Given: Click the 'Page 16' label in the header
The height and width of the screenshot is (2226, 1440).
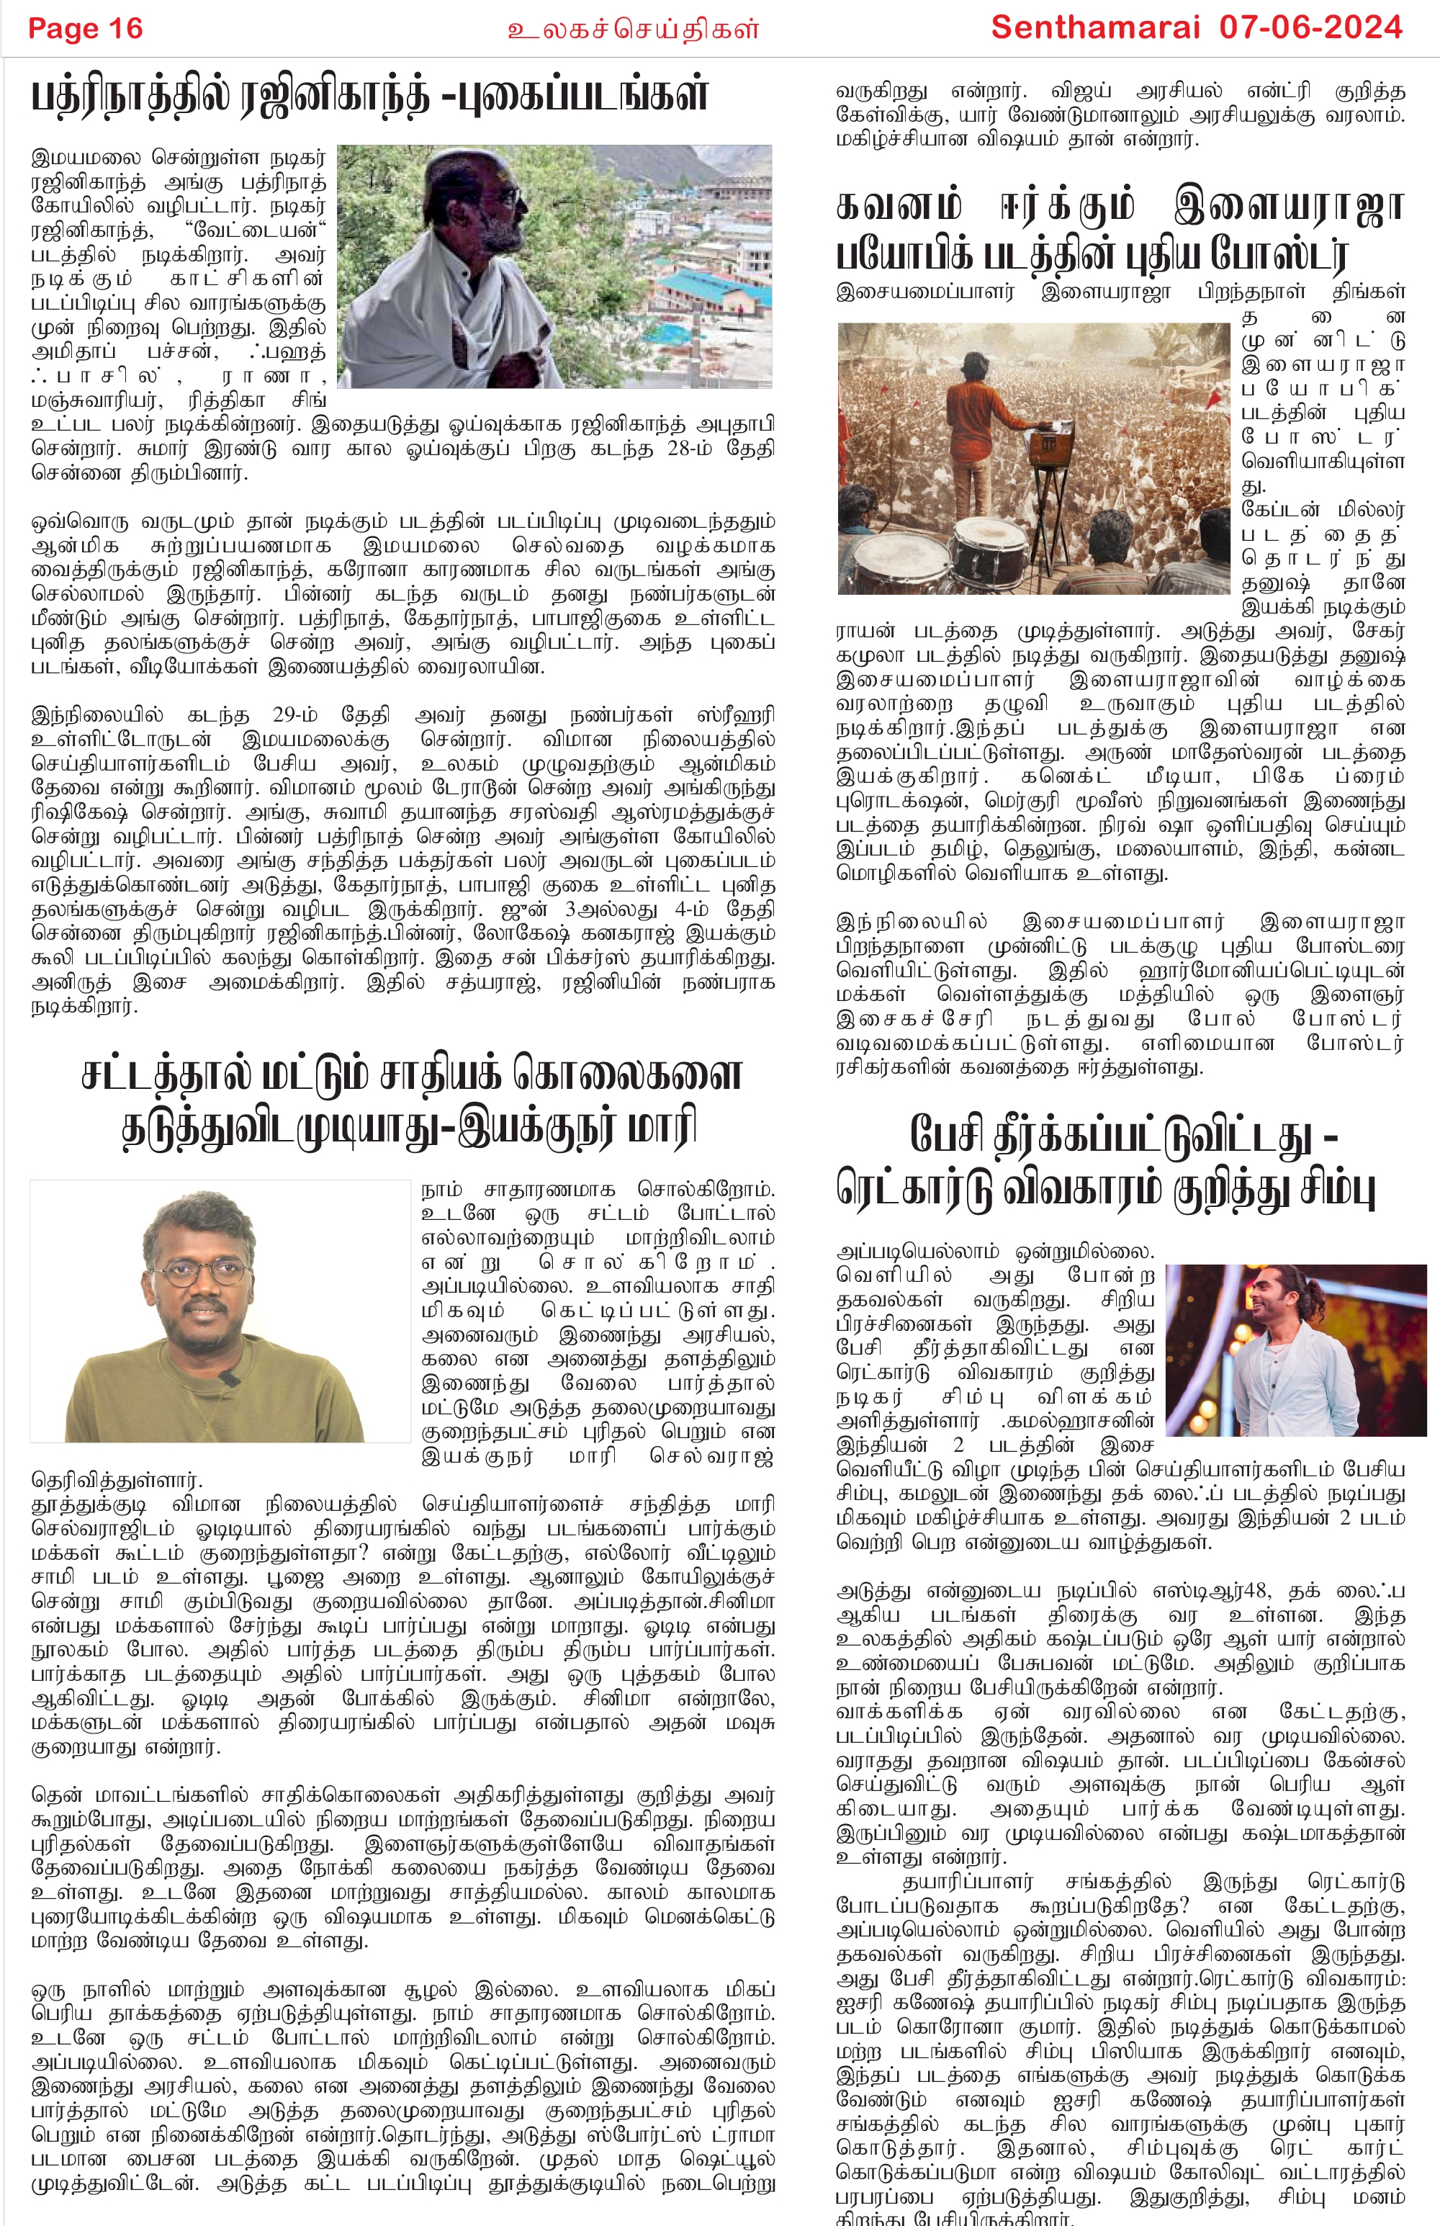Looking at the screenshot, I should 85,28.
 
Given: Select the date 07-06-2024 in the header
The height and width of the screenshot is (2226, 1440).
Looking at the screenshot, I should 1311,27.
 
